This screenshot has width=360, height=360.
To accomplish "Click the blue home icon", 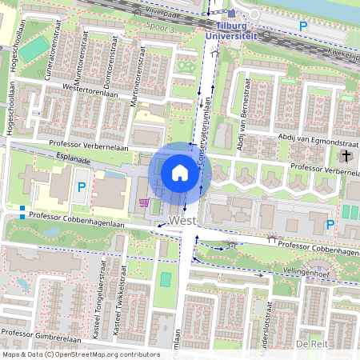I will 180,173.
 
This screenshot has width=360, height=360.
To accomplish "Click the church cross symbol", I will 346,156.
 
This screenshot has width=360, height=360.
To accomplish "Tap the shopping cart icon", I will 144,202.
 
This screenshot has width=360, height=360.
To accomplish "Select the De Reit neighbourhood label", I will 312,343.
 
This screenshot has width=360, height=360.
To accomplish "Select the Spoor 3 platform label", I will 158,29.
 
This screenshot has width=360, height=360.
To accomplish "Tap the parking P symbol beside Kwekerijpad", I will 303,27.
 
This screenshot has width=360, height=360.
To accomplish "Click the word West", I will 183,218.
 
